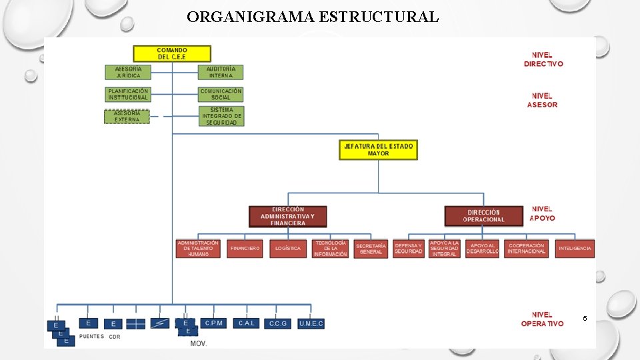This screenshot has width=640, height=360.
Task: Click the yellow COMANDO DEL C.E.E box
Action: [x=172, y=54]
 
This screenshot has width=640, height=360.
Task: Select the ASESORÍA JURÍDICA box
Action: [x=128, y=72]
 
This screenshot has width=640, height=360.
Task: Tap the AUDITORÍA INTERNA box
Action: [x=221, y=72]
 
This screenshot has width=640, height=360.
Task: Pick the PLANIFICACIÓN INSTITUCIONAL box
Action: [x=128, y=94]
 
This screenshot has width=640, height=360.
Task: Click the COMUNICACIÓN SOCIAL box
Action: [x=221, y=94]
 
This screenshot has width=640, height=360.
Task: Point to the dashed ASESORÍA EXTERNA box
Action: [x=127, y=117]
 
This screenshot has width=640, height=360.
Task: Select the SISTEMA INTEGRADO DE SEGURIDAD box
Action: [x=221, y=116]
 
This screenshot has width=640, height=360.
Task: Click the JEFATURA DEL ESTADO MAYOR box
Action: [x=378, y=150]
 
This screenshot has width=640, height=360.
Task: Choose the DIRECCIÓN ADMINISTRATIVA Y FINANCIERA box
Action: [x=288, y=216]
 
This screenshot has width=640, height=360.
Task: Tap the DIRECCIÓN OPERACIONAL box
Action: [x=484, y=216]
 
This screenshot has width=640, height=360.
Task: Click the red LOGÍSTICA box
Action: [x=288, y=248]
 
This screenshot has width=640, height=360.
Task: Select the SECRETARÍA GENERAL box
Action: [x=371, y=249]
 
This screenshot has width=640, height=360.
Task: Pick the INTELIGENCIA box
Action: [x=575, y=248]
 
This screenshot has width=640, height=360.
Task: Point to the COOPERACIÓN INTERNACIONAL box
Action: [x=526, y=248]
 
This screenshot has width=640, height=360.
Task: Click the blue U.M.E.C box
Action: [x=311, y=323]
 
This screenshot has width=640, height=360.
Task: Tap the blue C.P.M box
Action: [x=214, y=323]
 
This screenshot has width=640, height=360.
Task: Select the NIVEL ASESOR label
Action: [x=542, y=101]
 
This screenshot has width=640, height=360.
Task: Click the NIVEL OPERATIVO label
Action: [x=542, y=319]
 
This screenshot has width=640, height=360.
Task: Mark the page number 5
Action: [x=585, y=319]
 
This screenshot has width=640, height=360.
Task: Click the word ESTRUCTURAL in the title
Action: [x=379, y=17]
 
